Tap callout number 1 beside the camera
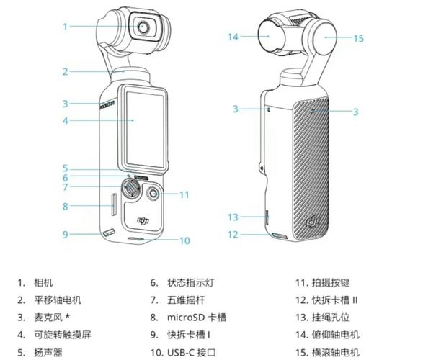65,27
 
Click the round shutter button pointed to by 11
155,194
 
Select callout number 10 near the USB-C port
184,240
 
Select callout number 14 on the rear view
232,36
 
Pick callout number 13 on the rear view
233,217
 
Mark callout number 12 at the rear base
233,235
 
